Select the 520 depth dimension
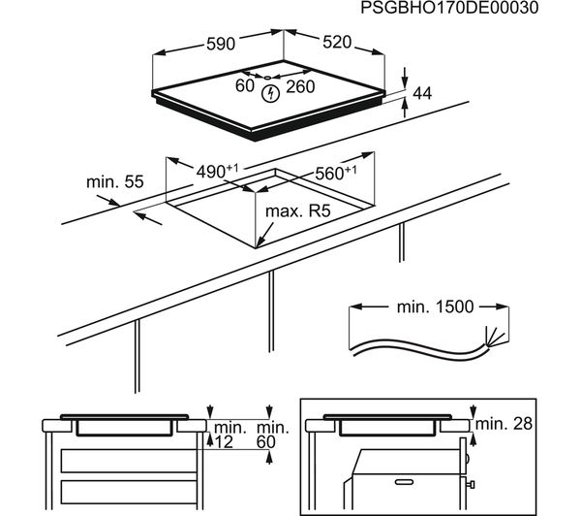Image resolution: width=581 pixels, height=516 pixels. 335,45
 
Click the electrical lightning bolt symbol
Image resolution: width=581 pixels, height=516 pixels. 272,92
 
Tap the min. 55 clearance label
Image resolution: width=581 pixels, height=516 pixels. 115,182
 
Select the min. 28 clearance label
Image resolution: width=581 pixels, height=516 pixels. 508,425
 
